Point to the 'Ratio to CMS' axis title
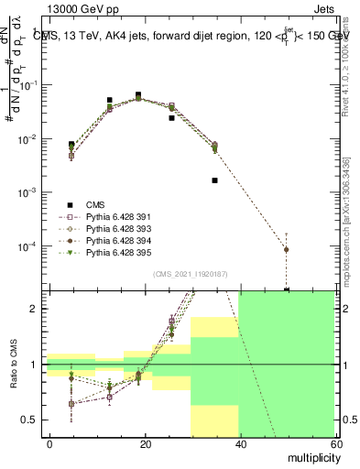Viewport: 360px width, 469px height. (x=13, y=366)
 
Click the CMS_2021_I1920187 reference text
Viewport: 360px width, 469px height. (x=191, y=273)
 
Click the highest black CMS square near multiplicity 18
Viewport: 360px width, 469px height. (x=138, y=94)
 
